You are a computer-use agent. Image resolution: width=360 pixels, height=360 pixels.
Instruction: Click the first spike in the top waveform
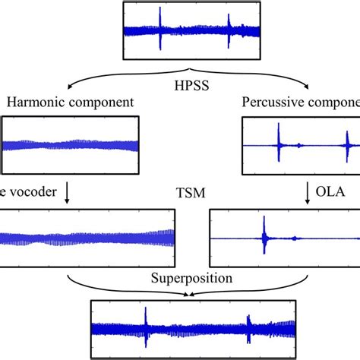tap(159, 29)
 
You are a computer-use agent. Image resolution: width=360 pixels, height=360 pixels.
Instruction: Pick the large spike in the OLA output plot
tap(264, 238)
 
